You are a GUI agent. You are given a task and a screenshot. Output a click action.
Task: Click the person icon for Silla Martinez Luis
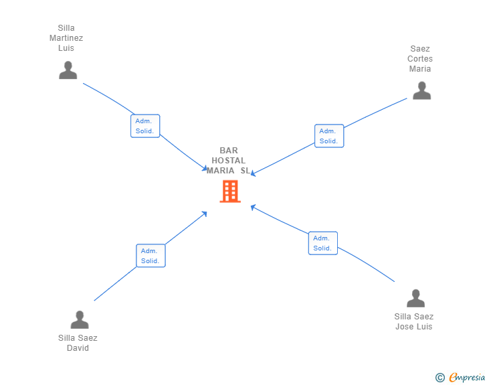point(68,70)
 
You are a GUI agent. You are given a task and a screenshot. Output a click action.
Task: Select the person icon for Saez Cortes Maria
point(421,90)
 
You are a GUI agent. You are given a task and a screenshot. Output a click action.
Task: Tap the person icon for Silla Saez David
point(80,320)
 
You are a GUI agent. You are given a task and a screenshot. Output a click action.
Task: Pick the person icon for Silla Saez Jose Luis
point(415,299)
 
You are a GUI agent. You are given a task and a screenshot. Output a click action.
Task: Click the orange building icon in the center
point(230,191)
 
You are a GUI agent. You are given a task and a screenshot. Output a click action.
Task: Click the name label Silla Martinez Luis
point(66,38)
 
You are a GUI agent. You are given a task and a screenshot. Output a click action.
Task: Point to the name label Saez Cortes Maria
point(420,59)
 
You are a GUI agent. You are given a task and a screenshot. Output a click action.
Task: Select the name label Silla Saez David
point(78,343)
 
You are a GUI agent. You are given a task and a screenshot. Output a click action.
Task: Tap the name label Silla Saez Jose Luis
point(413,321)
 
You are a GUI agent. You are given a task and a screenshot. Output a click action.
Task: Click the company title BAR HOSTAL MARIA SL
point(229,161)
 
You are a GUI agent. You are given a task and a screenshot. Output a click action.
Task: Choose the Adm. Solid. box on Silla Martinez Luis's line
point(145,126)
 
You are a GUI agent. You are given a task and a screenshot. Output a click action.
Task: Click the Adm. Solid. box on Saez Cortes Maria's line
point(328,136)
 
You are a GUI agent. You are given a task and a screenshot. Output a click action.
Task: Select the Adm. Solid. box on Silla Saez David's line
point(151,256)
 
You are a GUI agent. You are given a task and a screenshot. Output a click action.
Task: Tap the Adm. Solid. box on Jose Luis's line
point(322,243)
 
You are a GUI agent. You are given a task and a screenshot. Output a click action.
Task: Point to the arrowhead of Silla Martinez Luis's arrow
point(205,169)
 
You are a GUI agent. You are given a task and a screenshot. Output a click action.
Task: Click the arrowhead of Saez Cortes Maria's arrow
point(254,174)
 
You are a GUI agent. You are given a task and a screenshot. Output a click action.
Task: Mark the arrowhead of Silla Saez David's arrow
point(205,214)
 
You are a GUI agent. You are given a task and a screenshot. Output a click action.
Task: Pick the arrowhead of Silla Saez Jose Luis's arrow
point(253,207)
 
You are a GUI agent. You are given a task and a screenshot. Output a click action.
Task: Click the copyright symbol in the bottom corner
point(440,378)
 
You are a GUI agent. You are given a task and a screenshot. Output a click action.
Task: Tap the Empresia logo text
point(467,378)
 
